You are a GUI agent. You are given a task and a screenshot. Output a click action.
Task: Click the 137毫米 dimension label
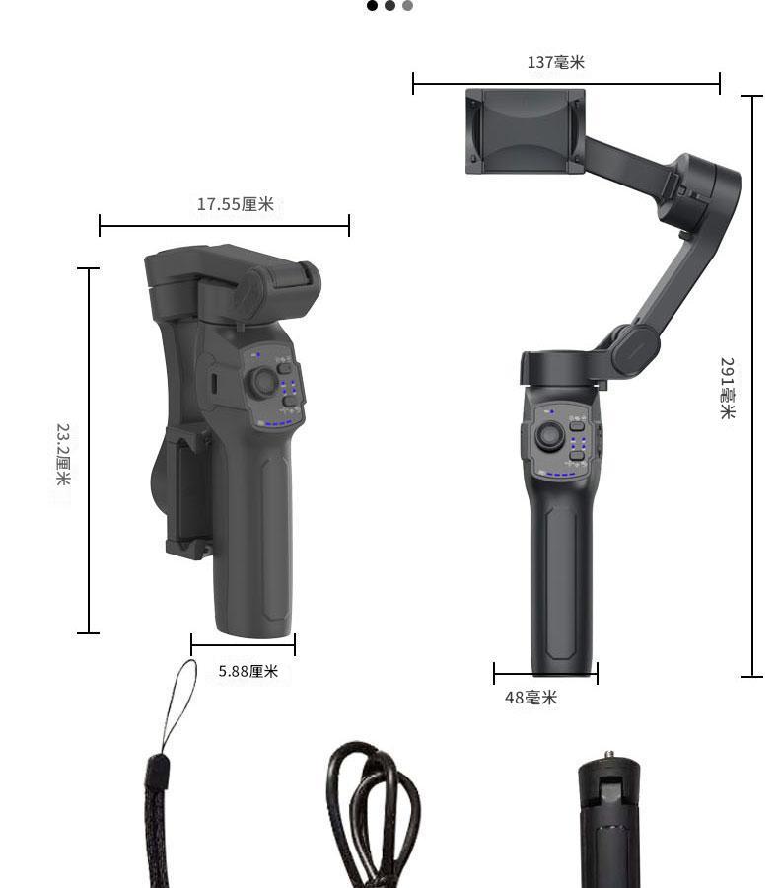click(555, 62)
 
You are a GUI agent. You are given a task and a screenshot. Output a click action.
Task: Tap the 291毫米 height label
click(727, 388)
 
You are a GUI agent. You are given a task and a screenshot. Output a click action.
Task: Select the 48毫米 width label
click(531, 698)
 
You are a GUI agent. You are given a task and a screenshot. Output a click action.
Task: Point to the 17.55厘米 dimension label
click(235, 204)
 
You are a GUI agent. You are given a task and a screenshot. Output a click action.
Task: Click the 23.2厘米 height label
click(63, 454)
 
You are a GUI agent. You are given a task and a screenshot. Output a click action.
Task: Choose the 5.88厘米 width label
click(248, 671)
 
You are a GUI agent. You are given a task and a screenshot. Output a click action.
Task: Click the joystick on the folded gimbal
click(262, 382)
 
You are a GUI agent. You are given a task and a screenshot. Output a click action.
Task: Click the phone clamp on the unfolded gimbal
click(526, 131)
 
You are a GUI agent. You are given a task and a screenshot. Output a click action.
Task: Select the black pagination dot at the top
click(372, 6)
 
